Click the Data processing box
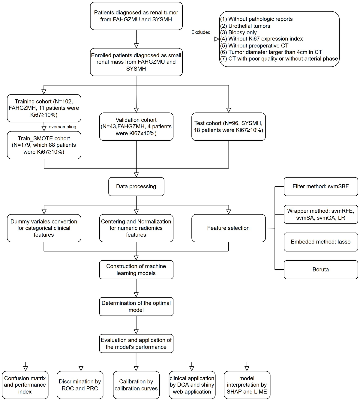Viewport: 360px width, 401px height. click(x=136, y=187)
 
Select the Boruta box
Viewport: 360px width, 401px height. click(x=321, y=270)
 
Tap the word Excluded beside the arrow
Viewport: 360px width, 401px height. click(x=201, y=32)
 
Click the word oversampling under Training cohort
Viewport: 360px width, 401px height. click(x=62, y=127)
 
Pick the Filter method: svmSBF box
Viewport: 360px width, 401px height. click(x=321, y=187)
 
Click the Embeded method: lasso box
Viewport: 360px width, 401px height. click(x=321, y=242)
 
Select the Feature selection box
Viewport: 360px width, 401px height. click(x=228, y=228)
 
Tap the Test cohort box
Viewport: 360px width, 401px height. click(x=228, y=127)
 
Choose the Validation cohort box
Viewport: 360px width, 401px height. click(x=136, y=127)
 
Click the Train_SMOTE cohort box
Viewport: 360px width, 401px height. click(x=44, y=145)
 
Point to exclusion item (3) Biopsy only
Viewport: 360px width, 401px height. click(x=242, y=32)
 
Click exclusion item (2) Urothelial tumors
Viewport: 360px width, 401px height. click(x=249, y=26)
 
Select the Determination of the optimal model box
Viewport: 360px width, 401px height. click(x=136, y=307)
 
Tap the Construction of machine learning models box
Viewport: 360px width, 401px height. click(x=136, y=270)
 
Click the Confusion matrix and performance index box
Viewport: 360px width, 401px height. click(x=25, y=385)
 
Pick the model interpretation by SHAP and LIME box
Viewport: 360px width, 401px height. click(x=247, y=385)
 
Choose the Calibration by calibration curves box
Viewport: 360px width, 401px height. click(x=136, y=385)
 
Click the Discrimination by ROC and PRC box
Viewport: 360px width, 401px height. click(x=80, y=385)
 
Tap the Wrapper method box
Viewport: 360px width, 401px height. click(x=321, y=214)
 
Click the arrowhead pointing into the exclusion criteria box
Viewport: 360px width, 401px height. click(x=217, y=39)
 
